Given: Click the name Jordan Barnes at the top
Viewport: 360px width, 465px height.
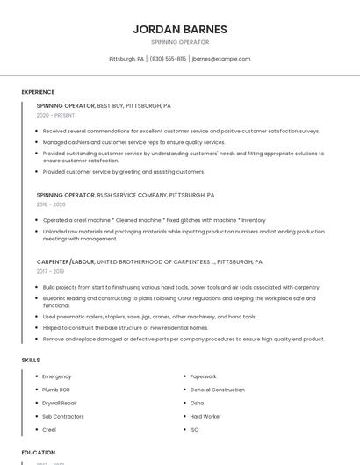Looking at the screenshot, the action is pyautogui.click(x=180, y=29).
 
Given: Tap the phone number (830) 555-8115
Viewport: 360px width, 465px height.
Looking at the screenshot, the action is pyautogui.click(x=168, y=59).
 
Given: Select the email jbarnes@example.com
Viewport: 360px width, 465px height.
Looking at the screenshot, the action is pyautogui.click(x=221, y=59).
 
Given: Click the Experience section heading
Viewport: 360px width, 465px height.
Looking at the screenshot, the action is pyautogui.click(x=38, y=92).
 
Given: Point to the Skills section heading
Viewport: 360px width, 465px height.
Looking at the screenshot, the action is pyautogui.click(x=30, y=360).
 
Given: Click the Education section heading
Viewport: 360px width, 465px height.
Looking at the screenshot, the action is pyautogui.click(x=39, y=453).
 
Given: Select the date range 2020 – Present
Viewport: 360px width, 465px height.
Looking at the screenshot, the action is pyautogui.click(x=55, y=115).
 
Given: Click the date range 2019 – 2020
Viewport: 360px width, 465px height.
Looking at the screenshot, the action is pyautogui.click(x=51, y=204).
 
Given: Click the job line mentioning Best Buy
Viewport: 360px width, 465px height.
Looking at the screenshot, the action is pyautogui.click(x=104, y=105).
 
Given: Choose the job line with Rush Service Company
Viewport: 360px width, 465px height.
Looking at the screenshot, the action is pyautogui.click(x=126, y=195).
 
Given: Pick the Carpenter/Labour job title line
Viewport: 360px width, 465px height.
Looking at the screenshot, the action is pyautogui.click(x=149, y=261).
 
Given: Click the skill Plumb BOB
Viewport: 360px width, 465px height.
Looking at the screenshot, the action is pyautogui.click(x=56, y=390).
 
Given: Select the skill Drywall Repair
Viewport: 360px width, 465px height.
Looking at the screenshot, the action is pyautogui.click(x=60, y=403).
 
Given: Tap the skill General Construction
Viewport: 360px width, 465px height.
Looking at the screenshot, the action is pyautogui.click(x=217, y=390).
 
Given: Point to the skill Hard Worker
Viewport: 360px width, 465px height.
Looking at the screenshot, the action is pyautogui.click(x=205, y=416).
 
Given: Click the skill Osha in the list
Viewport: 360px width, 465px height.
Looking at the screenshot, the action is pyautogui.click(x=197, y=403).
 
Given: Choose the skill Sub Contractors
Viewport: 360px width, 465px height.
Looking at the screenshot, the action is pyautogui.click(x=63, y=416).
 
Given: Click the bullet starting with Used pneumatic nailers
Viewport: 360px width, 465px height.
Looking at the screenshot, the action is pyautogui.click(x=149, y=317).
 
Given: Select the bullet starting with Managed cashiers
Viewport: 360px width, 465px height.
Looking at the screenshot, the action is pyautogui.click(x=133, y=142).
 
